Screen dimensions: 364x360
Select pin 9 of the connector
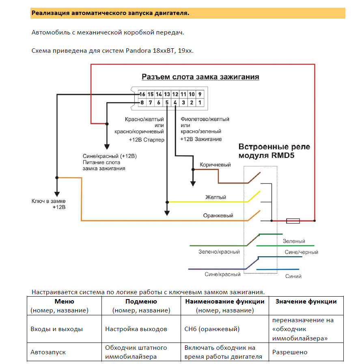[x=200, y=95]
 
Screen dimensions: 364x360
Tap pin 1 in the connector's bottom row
[x=200, y=103]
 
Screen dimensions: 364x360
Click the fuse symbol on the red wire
[x=293, y=221]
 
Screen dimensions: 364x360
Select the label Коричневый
[x=215, y=165]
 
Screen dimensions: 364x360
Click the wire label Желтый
[x=216, y=197]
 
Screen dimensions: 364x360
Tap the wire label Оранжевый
[x=218, y=216]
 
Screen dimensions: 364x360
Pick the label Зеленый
[x=294, y=241]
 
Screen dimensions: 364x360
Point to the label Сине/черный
[x=302, y=252]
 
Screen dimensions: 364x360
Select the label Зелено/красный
[x=219, y=252]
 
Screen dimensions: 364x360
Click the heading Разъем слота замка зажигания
[x=200, y=77]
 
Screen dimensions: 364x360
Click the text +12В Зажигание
[x=201, y=139]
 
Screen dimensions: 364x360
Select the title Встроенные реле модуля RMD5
[x=274, y=151]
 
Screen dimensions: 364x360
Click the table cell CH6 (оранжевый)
[x=212, y=329]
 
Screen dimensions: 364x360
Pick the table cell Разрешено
[x=290, y=352]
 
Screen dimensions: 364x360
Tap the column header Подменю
[x=141, y=302]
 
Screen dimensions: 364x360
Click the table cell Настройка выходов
[x=136, y=329]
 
